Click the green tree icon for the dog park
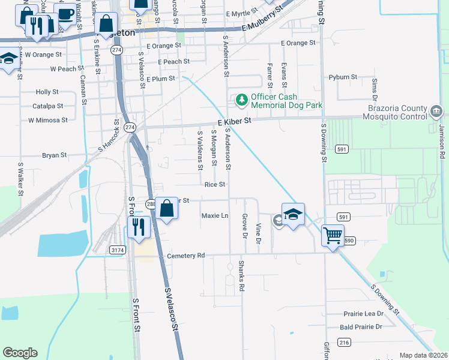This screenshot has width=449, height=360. (241, 100)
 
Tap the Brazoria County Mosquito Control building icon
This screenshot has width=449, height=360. (436, 112)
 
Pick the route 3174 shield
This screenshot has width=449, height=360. (118, 250)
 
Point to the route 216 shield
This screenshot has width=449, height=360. (343, 342)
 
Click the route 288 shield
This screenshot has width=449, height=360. (151, 204)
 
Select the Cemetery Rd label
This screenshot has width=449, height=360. (185, 256)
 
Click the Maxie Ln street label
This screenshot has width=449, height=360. (215, 215)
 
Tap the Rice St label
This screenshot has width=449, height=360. (214, 185)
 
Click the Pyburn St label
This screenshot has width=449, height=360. (343, 77)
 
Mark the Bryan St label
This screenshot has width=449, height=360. (54, 155)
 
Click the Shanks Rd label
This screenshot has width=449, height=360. (241, 276)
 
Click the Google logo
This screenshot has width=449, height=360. (20, 353)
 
